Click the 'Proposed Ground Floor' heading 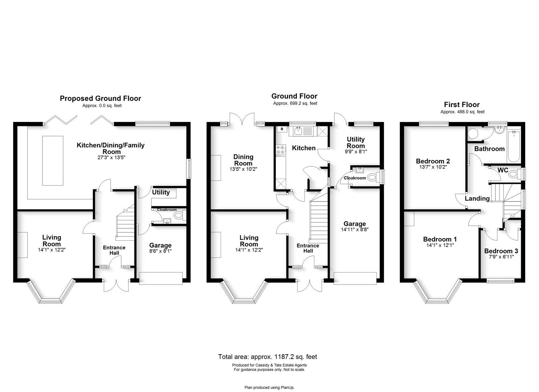point(100,98)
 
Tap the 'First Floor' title point(462,105)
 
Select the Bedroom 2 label point(433,161)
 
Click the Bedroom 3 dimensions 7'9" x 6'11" point(501,257)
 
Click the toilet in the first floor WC point(513,175)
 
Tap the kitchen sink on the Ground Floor point(299,130)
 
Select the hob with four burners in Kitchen point(281,150)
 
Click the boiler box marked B point(282,129)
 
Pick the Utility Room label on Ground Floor point(356,142)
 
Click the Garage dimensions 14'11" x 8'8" point(355,229)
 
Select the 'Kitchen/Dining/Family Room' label point(110,148)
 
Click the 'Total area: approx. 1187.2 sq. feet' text point(268,357)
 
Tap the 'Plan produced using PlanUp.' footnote point(269,388)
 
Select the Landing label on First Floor point(477,199)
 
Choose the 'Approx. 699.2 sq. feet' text point(295,103)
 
